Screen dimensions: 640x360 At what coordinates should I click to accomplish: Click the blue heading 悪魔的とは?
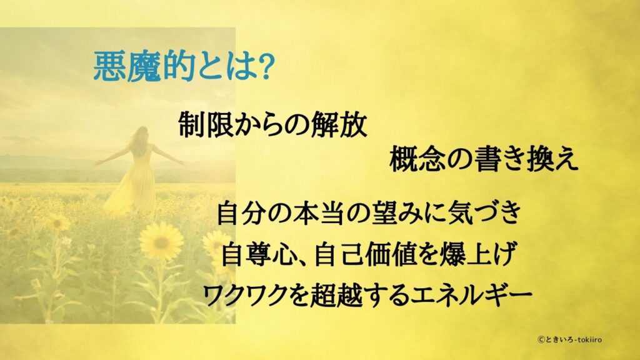tap(182, 67)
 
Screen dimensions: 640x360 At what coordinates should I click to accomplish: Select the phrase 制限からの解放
tap(272, 124)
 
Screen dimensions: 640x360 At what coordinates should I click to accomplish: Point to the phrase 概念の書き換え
tap(484, 159)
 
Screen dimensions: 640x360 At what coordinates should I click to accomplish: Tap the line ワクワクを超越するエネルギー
tap(367, 294)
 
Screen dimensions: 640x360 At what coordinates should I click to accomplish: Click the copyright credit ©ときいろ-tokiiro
tap(569, 339)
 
